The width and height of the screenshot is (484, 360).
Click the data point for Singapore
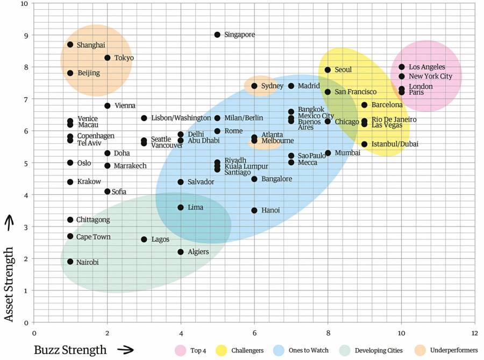[217, 34]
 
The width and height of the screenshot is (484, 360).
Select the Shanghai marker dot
[70, 45]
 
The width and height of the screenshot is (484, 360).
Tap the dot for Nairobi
[70, 262]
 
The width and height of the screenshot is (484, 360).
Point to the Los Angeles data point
[402, 67]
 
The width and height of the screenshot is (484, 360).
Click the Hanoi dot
[254, 210]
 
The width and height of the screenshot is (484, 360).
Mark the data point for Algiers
[181, 252]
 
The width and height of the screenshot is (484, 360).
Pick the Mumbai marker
[328, 153]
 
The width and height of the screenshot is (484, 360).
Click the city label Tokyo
[124, 58]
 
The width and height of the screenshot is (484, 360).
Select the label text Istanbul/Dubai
[395, 144]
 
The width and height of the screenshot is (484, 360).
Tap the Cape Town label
[93, 237]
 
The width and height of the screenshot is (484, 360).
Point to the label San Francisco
[355, 92]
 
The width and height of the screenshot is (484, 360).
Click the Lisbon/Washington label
[181, 118]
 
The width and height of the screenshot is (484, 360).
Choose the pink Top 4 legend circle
[180, 350]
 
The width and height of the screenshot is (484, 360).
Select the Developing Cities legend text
[379, 350]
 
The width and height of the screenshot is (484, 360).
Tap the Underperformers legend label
[454, 350]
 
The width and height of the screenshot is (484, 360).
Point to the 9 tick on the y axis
[24, 35]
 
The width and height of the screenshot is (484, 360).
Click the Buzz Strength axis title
[70, 350]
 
